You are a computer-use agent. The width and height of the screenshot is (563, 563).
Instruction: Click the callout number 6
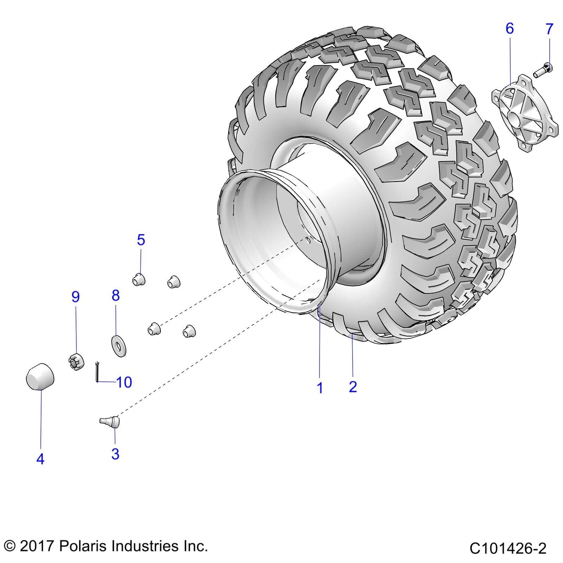(x=510, y=28)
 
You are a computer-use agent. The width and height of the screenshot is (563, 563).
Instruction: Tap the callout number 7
(x=549, y=29)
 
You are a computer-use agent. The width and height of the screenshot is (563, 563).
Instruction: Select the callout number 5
(x=141, y=240)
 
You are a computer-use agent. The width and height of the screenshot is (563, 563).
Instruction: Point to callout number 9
(x=76, y=297)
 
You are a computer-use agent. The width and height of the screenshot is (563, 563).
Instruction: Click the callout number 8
(x=116, y=296)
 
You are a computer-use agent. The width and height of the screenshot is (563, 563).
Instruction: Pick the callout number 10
(x=124, y=382)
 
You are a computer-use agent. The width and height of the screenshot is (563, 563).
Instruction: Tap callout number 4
(x=40, y=459)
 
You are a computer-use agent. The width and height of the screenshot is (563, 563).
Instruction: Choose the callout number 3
(x=115, y=454)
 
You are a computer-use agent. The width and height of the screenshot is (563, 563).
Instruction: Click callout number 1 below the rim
(x=320, y=388)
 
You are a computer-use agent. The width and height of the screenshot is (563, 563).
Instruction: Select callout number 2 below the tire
(x=353, y=387)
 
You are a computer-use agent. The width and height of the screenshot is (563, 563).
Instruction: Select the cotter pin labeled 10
(x=97, y=371)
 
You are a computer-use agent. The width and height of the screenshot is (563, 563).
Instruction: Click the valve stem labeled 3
(x=111, y=421)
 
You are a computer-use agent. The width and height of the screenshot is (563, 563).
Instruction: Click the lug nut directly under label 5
(x=139, y=280)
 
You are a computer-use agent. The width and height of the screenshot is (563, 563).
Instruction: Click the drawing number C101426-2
(x=508, y=548)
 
